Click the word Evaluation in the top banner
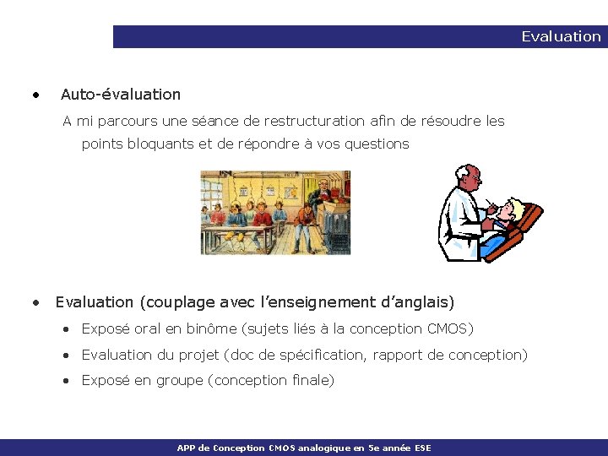point(561,36)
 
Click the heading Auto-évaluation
point(121,95)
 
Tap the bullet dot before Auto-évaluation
point(35,95)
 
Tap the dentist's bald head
point(467,176)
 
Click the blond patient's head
point(512,211)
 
